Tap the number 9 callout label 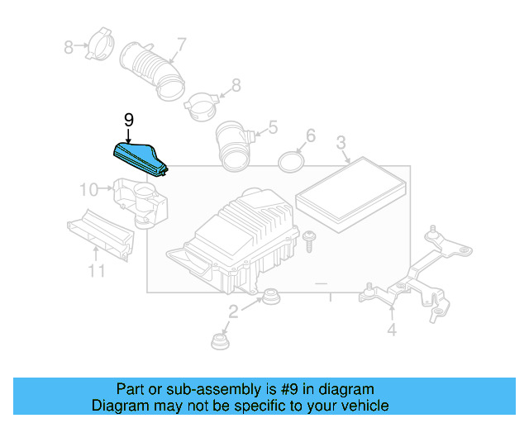click(128, 121)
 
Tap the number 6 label click(310, 135)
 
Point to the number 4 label click(391, 330)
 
